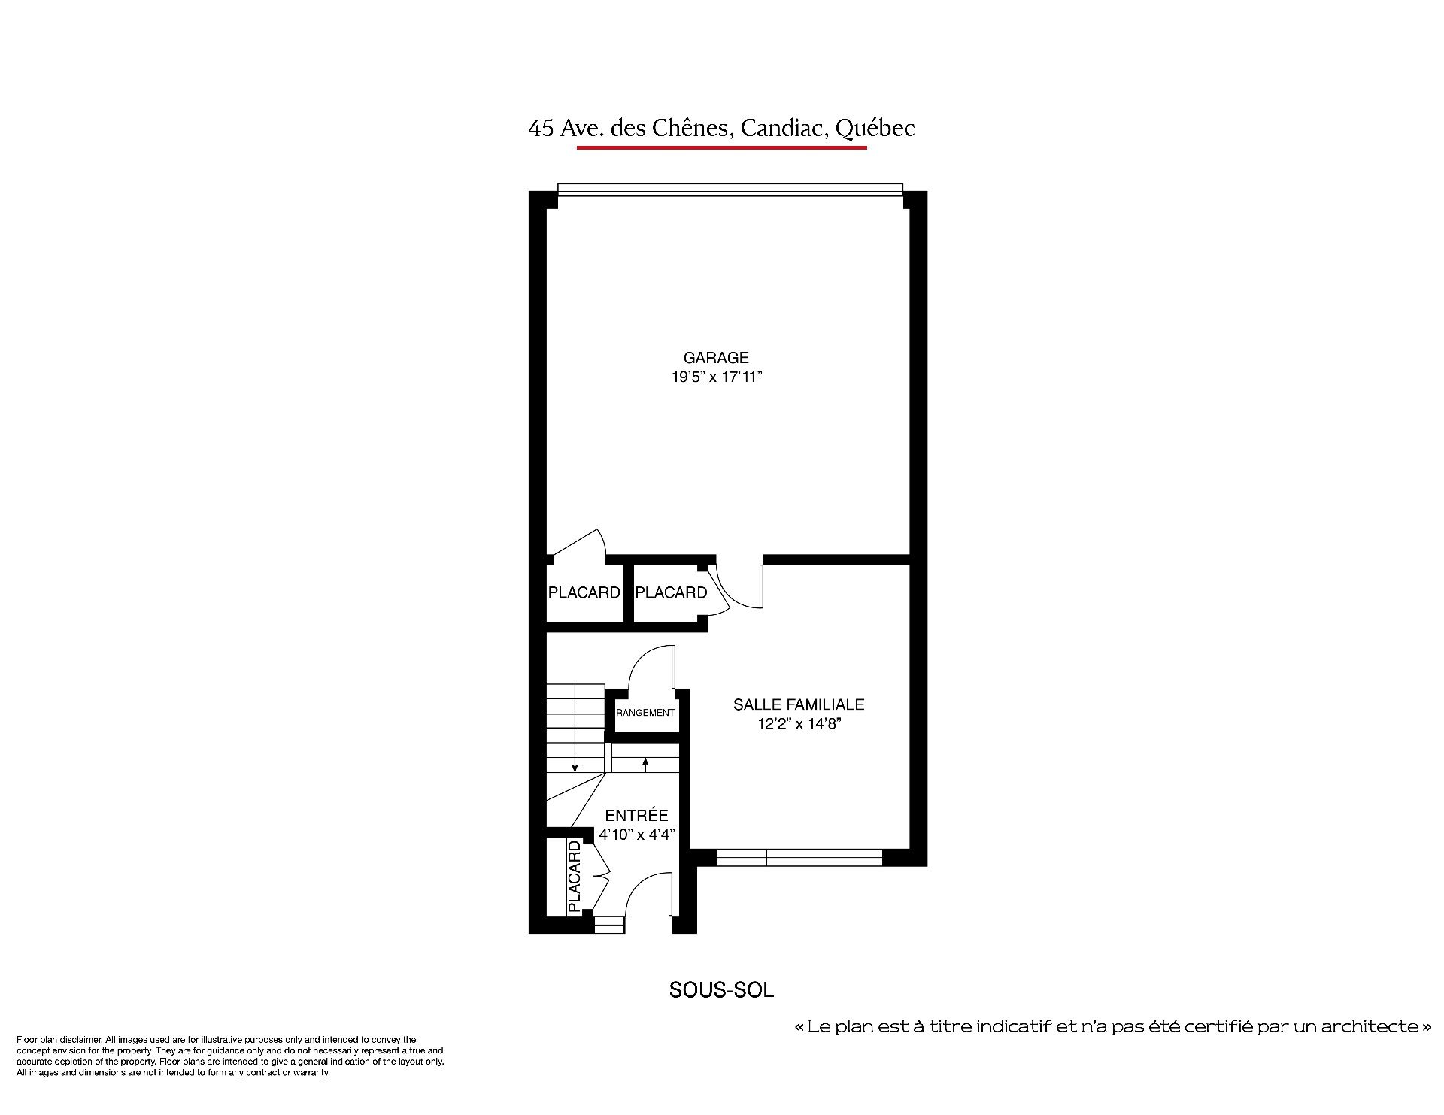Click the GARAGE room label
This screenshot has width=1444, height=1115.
(716, 358)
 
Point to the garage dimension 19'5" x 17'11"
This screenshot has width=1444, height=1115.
(717, 377)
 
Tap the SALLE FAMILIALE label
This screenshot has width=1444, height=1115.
(799, 704)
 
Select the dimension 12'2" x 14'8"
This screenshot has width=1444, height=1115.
(799, 723)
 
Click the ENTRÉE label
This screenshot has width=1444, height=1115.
(636, 815)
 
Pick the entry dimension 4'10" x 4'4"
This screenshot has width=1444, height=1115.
(637, 834)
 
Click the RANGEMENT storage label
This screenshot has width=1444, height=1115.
(645, 712)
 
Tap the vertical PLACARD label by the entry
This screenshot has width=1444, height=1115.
(575, 877)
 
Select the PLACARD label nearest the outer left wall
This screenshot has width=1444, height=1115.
(584, 592)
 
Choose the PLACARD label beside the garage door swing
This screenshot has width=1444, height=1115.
(671, 592)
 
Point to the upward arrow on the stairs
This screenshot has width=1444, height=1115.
(645, 765)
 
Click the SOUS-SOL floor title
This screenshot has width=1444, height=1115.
(721, 990)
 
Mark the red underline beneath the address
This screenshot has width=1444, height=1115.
(722, 147)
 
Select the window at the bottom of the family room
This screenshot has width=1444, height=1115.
(799, 857)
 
